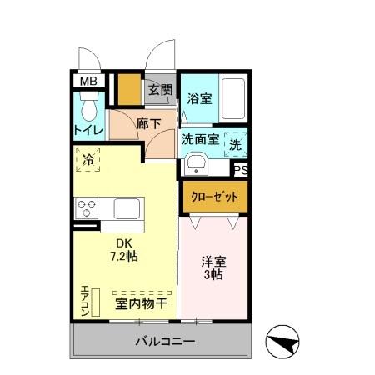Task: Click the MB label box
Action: coord(87,81)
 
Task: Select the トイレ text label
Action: coord(88,130)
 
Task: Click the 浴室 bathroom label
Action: coord(198,97)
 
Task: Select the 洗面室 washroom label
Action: coord(200,139)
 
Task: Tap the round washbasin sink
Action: coord(197,162)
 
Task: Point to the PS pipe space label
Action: coord(241,171)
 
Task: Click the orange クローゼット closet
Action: coord(215,198)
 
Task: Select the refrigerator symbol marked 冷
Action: coord(89,158)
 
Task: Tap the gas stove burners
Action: coord(87,207)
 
